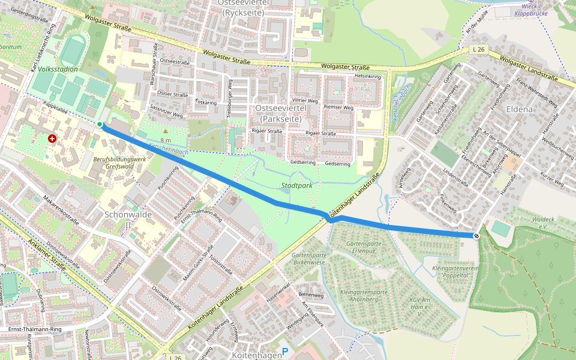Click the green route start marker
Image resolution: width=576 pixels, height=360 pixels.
pyautogui.click(x=100, y=124)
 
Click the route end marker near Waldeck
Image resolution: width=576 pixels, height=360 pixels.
pyautogui.click(x=476, y=236)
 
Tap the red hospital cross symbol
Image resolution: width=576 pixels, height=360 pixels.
pyautogui.click(x=52, y=139)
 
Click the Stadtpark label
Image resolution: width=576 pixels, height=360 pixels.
pyautogui.click(x=298, y=186)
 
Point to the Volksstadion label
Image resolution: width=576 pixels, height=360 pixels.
pyautogui.click(x=58, y=69)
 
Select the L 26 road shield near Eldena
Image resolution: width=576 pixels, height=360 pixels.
pyautogui.click(x=478, y=49)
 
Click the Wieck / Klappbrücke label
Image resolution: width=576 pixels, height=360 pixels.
pyautogui.click(x=530, y=9)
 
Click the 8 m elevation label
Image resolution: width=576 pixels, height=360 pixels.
pyautogui.click(x=166, y=140)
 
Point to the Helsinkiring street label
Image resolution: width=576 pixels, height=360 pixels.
pyautogui.click(x=368, y=77)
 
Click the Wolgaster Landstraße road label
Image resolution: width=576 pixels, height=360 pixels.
pyautogui.click(x=529, y=69)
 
